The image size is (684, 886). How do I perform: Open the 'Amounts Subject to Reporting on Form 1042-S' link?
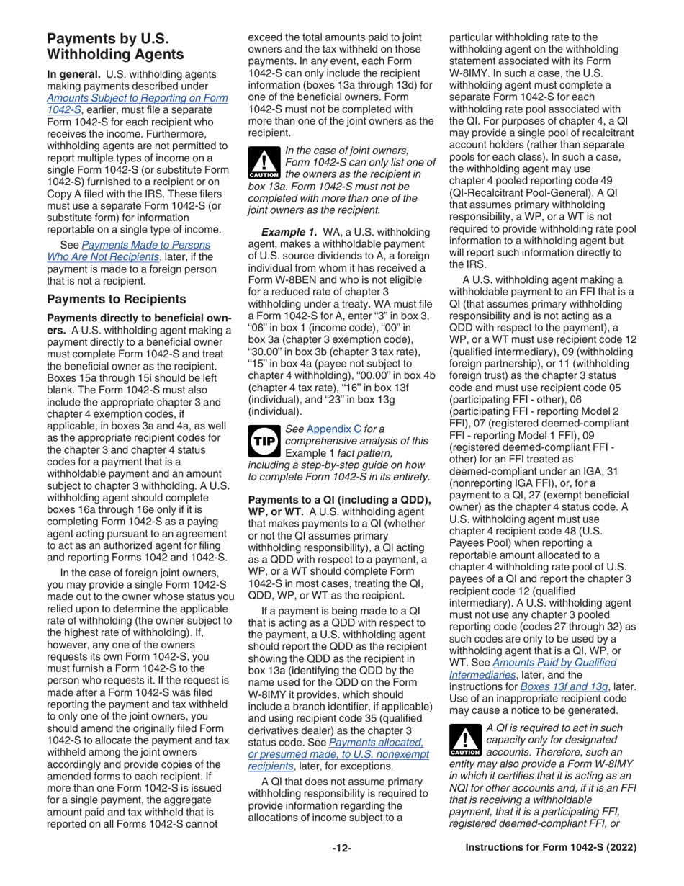click(138, 98)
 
